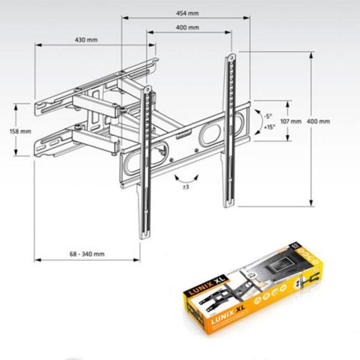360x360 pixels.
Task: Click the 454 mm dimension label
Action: (x=188, y=13)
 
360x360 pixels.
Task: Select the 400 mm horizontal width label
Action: (x=188, y=28)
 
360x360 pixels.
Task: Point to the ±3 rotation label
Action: (x=186, y=188)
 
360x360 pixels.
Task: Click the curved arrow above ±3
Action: (x=185, y=177)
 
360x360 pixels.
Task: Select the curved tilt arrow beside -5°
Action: (x=257, y=122)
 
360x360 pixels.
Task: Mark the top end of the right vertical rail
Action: (x=230, y=56)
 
